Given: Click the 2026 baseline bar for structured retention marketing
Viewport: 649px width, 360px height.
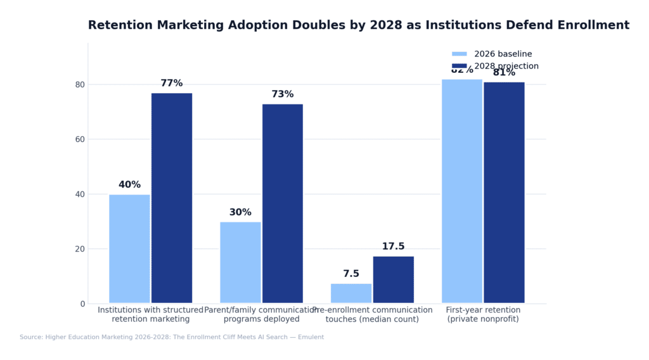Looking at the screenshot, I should pos(129,248).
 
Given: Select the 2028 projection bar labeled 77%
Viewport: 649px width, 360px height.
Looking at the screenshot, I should pos(171,198).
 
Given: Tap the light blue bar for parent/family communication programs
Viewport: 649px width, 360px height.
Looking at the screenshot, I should pos(240,262).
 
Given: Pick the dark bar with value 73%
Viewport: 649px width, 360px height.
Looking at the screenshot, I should pos(282,203).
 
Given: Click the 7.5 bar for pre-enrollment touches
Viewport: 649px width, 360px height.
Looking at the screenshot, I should pos(351,293).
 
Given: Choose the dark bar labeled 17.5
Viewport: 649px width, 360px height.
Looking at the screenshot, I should pos(393,280).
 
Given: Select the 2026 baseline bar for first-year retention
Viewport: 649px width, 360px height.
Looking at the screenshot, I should pos(462,191).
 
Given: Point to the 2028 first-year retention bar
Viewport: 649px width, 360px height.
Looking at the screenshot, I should pos(504,192).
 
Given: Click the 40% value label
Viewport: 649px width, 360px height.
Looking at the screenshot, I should pos(129,185).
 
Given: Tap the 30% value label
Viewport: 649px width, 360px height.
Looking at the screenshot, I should pos(240,212).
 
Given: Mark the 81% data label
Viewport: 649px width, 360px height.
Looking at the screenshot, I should pos(504,73).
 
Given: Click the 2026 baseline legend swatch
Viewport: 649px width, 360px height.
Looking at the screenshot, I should pos(459,55).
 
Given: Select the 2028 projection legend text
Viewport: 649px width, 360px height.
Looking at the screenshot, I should pos(506,67).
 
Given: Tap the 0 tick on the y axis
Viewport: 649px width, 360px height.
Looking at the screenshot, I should pos(82,304).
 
